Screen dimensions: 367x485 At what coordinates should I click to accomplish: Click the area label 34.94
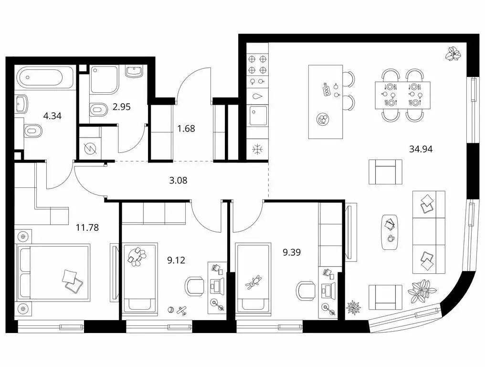tap(421, 149)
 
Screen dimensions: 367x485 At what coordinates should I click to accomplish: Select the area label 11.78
tap(87, 227)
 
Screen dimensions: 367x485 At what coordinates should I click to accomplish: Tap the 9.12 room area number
tap(176, 260)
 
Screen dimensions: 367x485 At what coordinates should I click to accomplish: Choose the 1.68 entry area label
tap(186, 128)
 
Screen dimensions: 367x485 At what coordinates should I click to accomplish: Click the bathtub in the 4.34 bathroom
tap(44, 77)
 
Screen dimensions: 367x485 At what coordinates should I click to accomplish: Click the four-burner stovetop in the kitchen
tap(257, 65)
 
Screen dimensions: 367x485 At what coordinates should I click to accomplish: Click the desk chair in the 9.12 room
tap(194, 287)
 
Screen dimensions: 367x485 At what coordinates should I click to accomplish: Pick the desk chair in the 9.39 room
tap(306, 290)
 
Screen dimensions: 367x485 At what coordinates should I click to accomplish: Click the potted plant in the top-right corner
tap(453, 54)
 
